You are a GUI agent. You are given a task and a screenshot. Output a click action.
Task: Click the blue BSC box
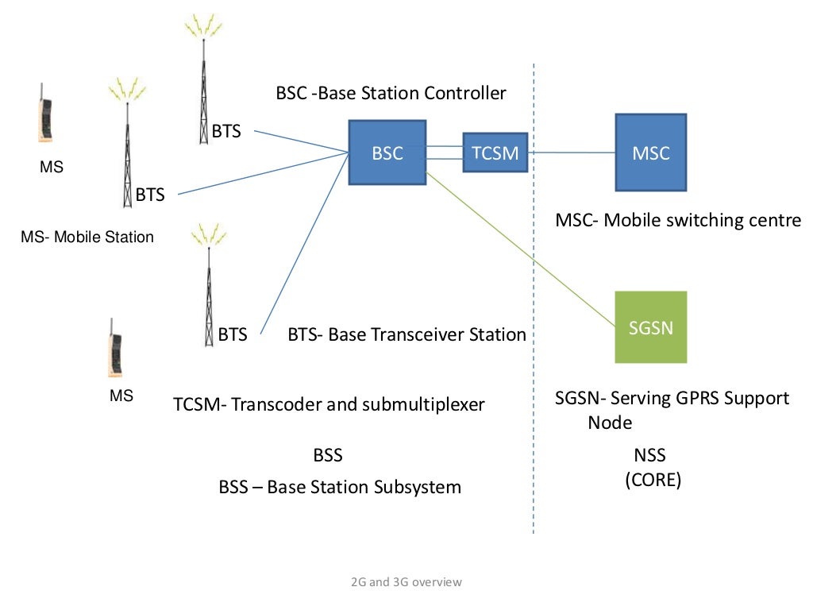[387, 152]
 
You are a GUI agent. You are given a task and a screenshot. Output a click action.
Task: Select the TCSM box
[495, 152]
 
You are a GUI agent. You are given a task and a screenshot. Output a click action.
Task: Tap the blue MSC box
[651, 152]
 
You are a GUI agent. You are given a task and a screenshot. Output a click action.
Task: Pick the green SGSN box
[651, 326]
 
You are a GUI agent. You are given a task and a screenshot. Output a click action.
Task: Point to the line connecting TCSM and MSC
[572, 152]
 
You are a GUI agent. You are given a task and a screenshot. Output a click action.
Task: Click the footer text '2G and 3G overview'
[406, 581]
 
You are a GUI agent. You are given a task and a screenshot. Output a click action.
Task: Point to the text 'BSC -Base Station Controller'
[391, 93]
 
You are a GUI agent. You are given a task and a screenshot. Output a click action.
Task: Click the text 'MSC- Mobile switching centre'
[678, 220]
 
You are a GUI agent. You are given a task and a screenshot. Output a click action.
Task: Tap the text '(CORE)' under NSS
[652, 480]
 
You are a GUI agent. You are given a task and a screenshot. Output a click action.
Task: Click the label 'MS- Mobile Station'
[87, 237]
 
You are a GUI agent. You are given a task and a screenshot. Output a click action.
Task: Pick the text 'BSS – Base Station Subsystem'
[340, 487]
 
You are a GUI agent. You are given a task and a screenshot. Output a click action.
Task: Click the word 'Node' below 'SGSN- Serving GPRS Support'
[610, 423]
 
